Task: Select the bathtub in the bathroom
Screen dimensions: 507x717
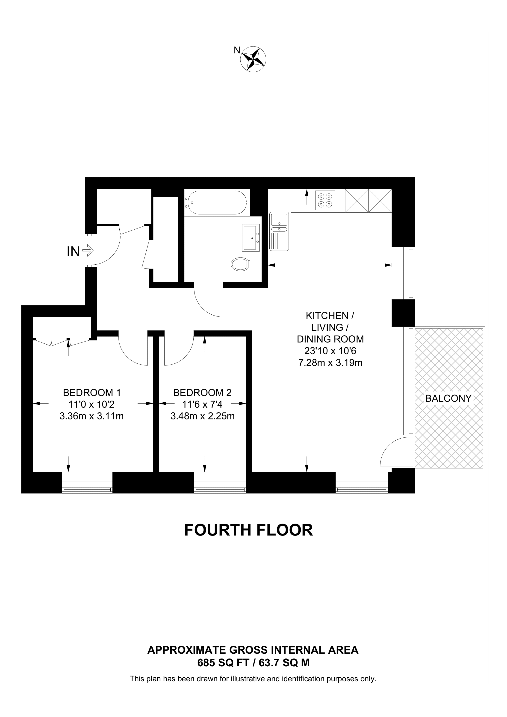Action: click(215, 203)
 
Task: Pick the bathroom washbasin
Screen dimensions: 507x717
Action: click(251, 238)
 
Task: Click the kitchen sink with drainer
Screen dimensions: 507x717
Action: click(279, 231)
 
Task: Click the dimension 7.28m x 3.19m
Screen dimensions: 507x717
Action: click(330, 363)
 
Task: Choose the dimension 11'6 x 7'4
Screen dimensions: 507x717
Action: click(202, 404)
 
